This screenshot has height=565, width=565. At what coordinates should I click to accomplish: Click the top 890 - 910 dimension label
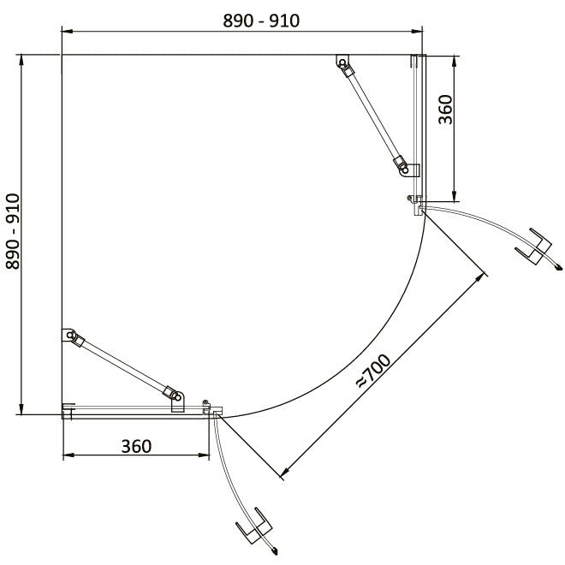pyautogui.click(x=261, y=21)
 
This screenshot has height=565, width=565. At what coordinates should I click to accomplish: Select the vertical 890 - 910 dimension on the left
pyautogui.click(x=13, y=232)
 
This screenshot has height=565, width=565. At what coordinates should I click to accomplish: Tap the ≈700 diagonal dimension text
pyautogui.click(x=373, y=372)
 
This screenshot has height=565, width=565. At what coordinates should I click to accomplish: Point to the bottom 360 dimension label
pyautogui.click(x=136, y=447)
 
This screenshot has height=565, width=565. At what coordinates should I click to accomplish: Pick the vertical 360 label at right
pyautogui.click(x=445, y=110)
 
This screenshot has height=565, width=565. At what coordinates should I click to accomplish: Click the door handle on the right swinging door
pyautogui.click(x=534, y=247)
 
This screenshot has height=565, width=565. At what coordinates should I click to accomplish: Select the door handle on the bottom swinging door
pyautogui.click(x=253, y=526)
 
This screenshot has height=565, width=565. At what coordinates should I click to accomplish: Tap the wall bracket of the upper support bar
pyautogui.click(x=342, y=61)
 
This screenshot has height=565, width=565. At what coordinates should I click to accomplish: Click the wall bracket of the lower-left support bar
pyautogui.click(x=68, y=335)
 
